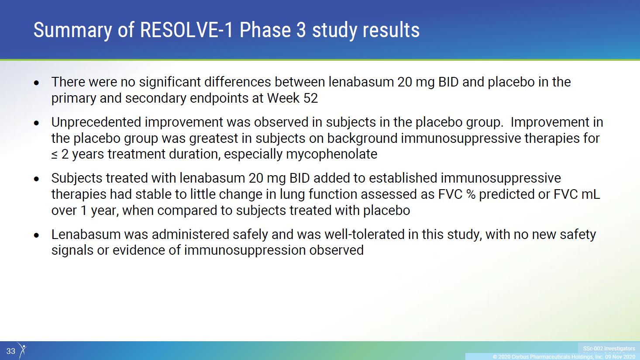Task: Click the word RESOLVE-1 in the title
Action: pyautogui.click(x=187, y=30)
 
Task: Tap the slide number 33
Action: pyautogui.click(x=11, y=351)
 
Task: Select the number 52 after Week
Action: pyautogui.click(x=310, y=98)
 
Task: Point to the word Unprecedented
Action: pyautogui.click(x=96, y=122)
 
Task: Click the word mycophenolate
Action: pyautogui.click(x=332, y=154)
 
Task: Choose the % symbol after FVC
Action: pyautogui.click(x=471, y=194)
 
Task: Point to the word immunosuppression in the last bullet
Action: pyautogui.click(x=245, y=250)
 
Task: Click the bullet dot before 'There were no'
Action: pyautogui.click(x=36, y=83)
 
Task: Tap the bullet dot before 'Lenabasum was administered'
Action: pyautogui.click(x=36, y=235)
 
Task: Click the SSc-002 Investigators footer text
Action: pyautogui.click(x=609, y=349)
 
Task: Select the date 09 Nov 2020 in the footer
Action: pyautogui.click(x=620, y=357)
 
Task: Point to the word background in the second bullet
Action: pyautogui.click(x=362, y=138)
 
